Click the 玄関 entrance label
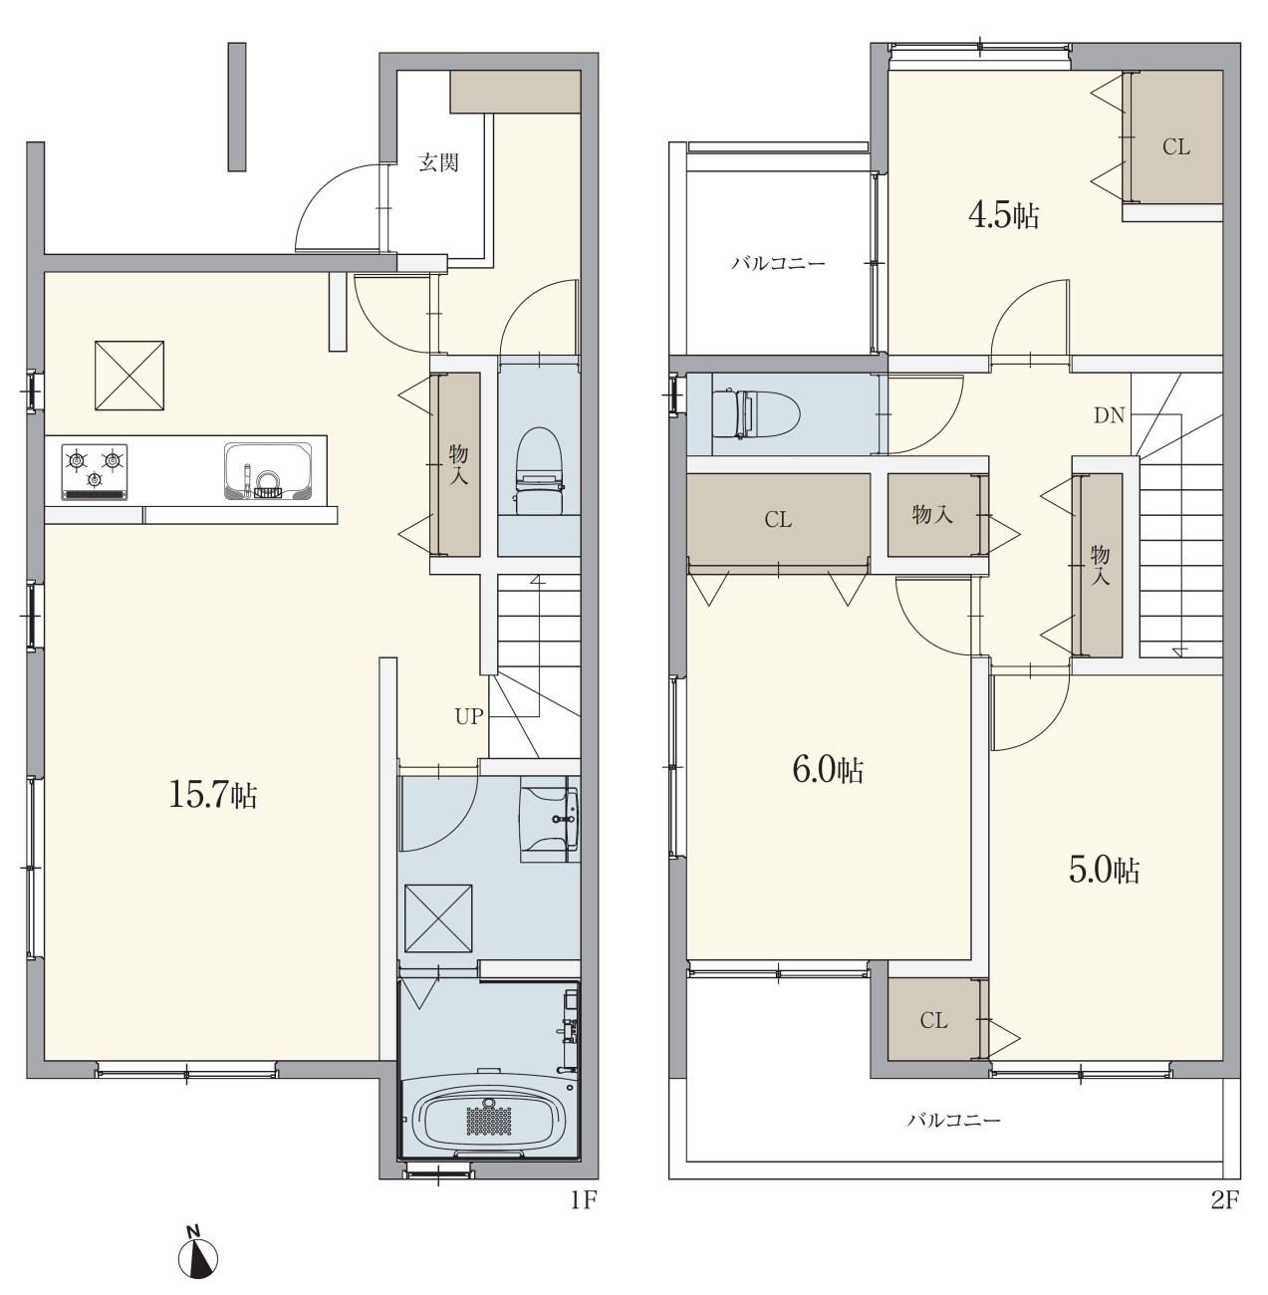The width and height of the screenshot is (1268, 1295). [438, 162]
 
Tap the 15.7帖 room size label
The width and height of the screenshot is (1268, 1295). [212, 795]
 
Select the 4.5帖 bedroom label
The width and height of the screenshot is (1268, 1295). [1003, 216]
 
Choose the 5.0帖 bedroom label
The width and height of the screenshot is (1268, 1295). [1104, 871]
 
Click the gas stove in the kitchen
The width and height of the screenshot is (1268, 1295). [95, 472]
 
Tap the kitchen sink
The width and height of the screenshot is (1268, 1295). [268, 471]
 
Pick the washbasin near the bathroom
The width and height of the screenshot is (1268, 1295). [550, 819]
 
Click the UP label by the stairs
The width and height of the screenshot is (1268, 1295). [468, 717]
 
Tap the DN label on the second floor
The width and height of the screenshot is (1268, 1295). [1109, 416]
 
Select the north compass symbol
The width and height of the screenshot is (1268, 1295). [197, 1254]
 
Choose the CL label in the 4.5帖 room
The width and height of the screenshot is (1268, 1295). [1176, 147]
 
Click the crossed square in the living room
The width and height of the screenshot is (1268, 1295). [129, 376]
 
